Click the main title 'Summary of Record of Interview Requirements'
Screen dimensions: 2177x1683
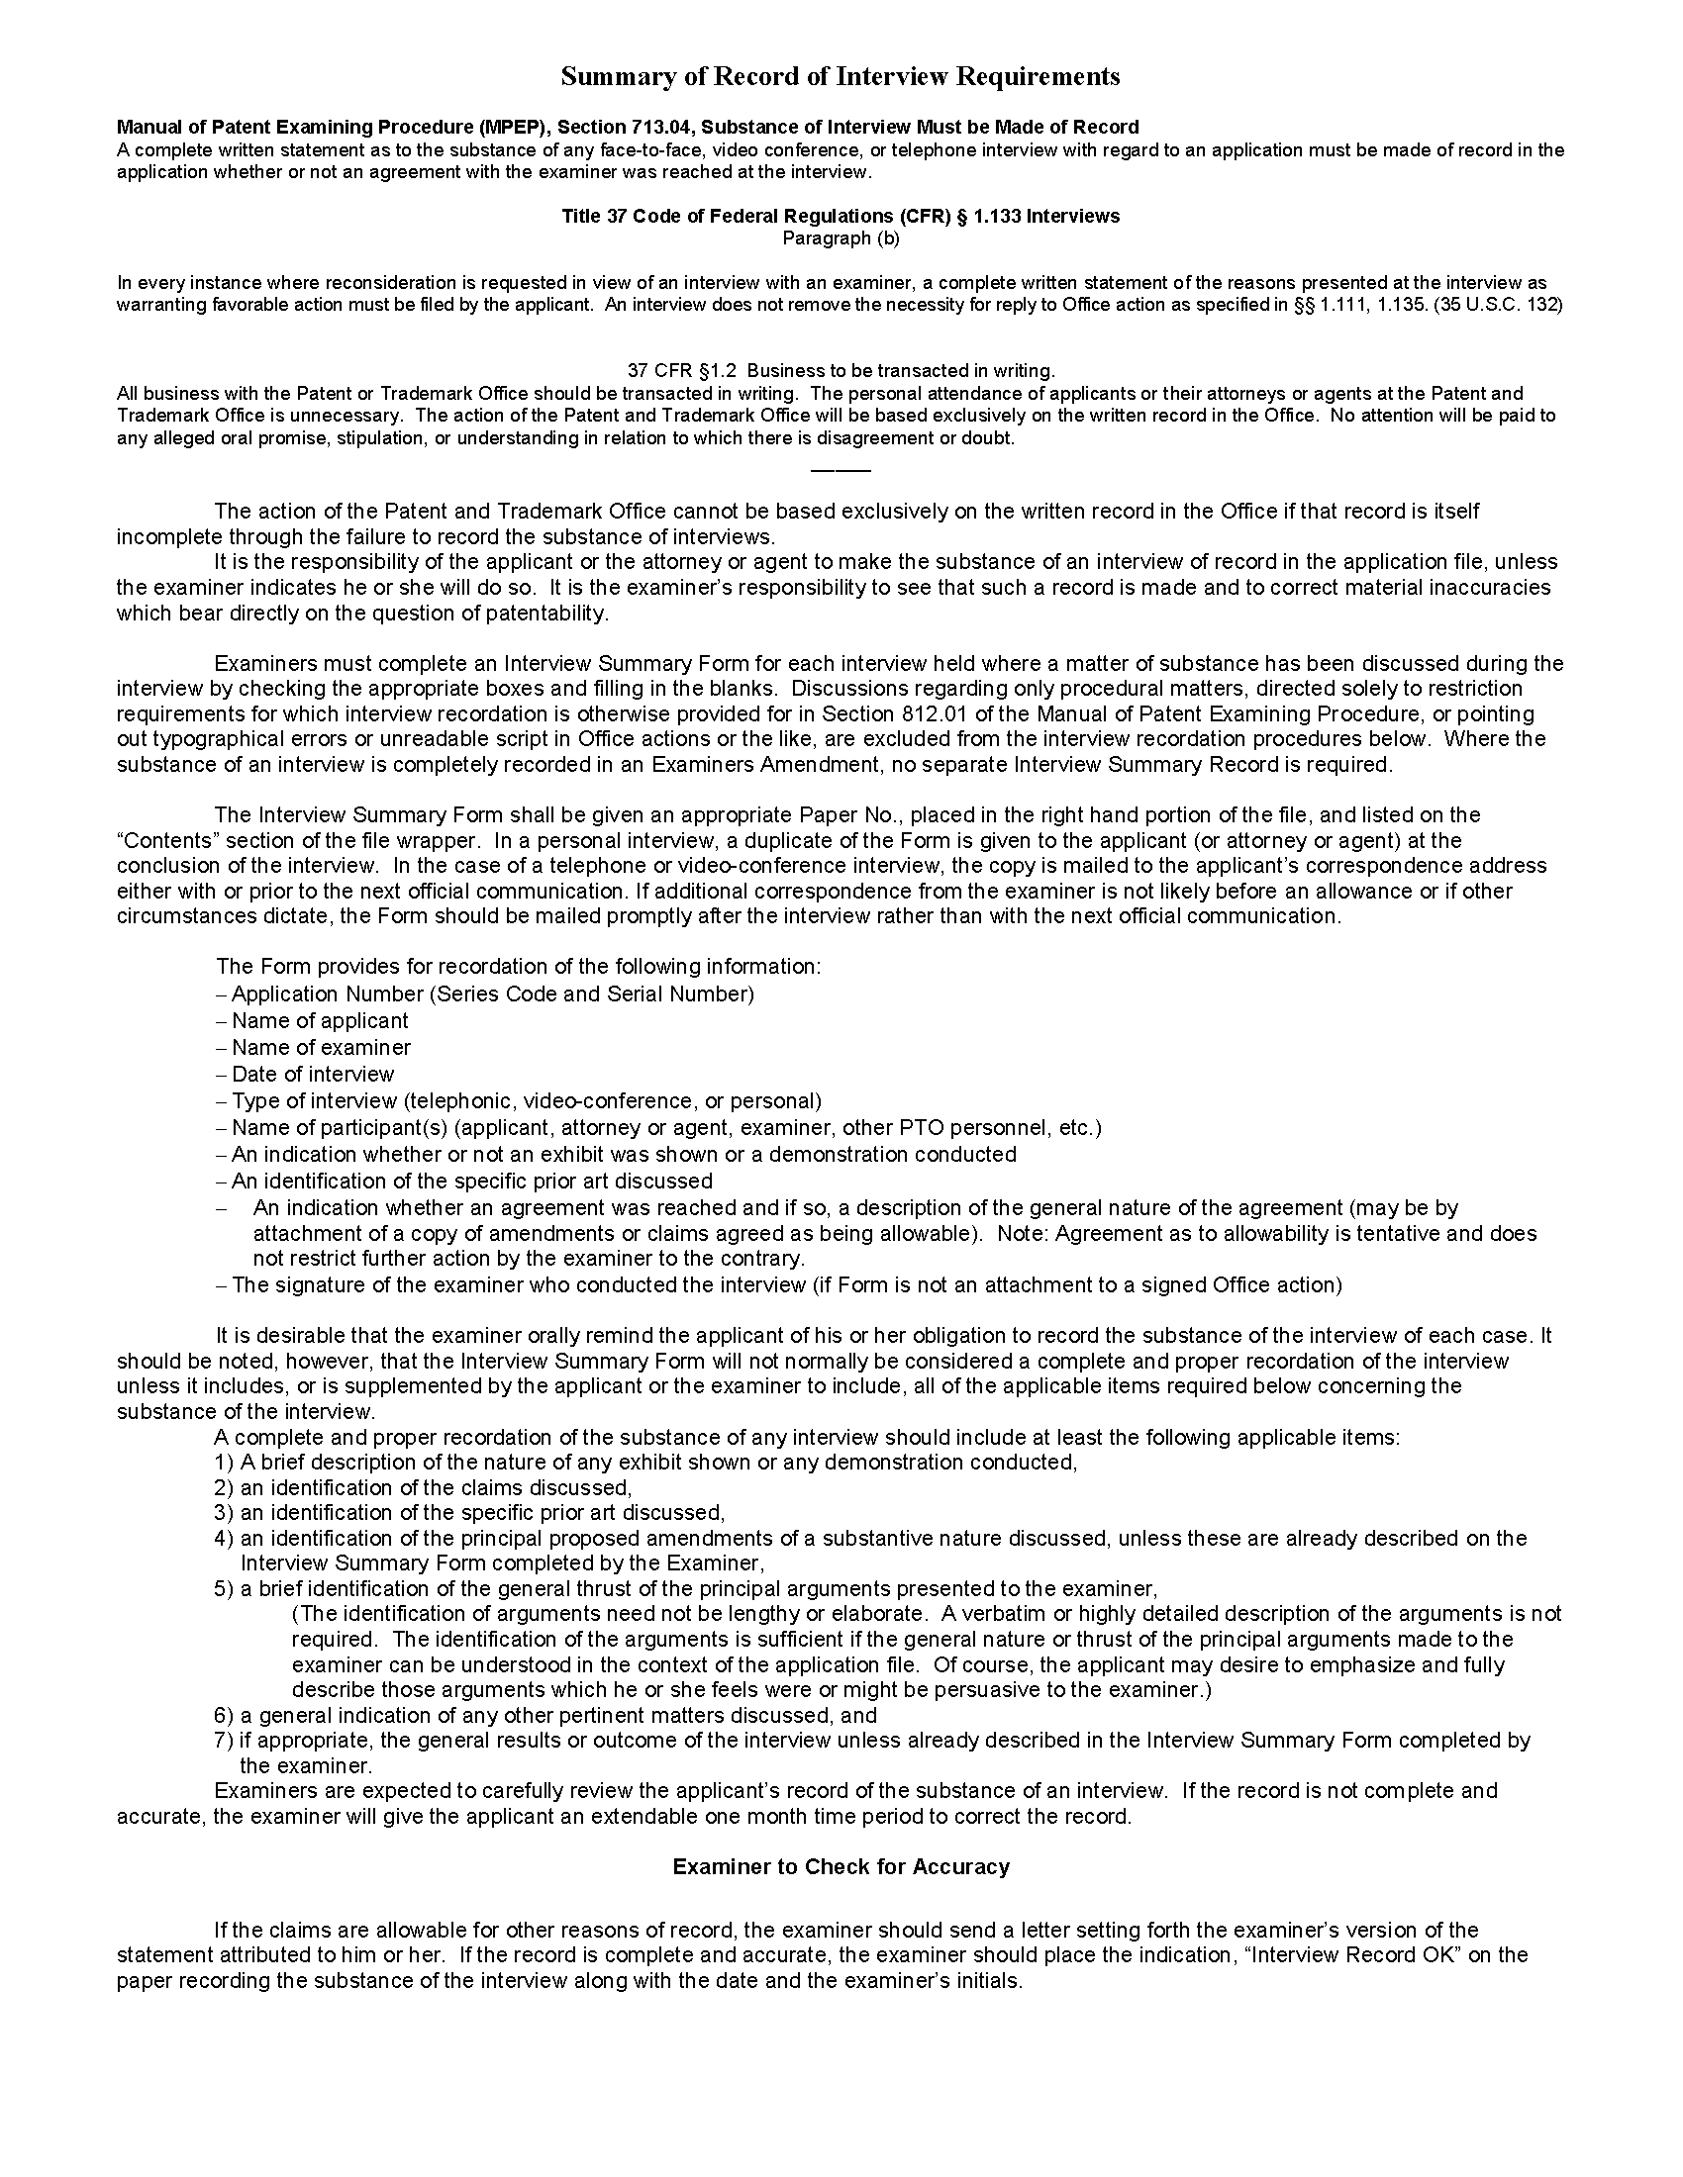point(840,77)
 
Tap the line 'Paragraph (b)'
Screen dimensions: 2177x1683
point(840,238)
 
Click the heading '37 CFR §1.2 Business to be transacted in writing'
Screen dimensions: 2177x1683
point(840,371)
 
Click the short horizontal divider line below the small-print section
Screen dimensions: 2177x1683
point(840,469)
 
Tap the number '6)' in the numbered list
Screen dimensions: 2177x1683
point(224,1716)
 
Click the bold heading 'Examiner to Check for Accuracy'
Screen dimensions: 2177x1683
point(840,1867)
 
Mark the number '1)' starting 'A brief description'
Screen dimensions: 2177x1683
point(224,1463)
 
